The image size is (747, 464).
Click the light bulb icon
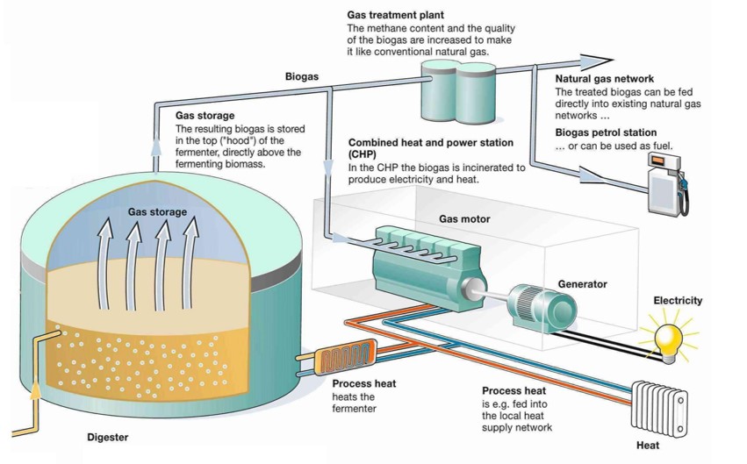click(670, 339)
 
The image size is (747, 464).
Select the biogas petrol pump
click(665, 183)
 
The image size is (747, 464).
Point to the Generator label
click(582, 284)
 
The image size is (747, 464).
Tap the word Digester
click(108, 437)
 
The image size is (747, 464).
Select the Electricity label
click(678, 301)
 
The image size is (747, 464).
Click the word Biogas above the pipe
click(302, 77)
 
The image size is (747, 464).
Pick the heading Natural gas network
click(605, 79)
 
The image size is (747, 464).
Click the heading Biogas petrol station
click(605, 132)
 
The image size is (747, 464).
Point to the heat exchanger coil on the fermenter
click(344, 360)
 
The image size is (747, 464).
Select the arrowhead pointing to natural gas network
click(595, 61)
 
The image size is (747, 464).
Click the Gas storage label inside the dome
click(157, 212)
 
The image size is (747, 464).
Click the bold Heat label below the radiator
click(648, 446)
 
